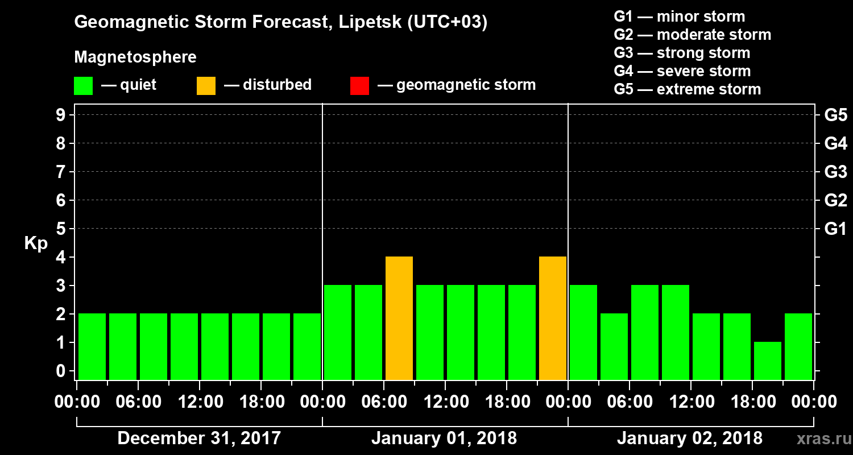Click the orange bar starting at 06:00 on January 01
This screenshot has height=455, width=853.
click(399, 318)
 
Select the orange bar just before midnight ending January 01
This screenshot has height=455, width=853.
click(552, 318)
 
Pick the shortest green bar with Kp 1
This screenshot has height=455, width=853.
click(767, 361)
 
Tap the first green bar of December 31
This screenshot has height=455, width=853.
click(92, 346)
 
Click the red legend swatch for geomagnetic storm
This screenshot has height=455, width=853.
click(359, 86)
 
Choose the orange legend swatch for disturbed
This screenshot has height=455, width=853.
click(206, 86)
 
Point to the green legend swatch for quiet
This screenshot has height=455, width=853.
click(83, 86)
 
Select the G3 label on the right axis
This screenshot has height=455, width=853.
click(835, 172)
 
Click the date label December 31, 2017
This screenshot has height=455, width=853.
click(199, 439)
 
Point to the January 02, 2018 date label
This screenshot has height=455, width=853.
click(689, 439)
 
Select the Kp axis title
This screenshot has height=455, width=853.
click(36, 243)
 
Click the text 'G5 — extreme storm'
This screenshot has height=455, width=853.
click(687, 89)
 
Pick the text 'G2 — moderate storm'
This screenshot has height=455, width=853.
click(692, 35)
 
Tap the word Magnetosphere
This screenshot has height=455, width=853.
click(135, 57)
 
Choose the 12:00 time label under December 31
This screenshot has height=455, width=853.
click(199, 402)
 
